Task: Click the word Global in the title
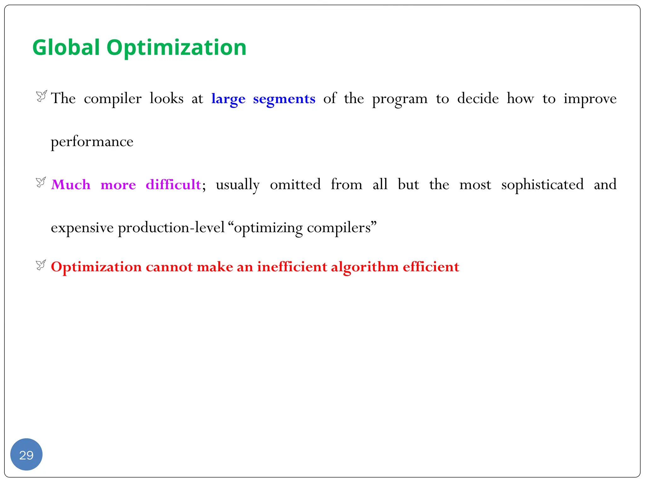point(66,48)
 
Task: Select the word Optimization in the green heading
point(176,48)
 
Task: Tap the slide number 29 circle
point(26,454)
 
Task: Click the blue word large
point(228,99)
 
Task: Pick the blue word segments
point(284,99)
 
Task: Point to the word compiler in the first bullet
point(112,99)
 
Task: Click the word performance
point(92,142)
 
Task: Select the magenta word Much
point(71,185)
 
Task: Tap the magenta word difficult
point(173,185)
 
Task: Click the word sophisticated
point(542,185)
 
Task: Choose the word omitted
point(295,185)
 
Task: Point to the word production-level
point(171,228)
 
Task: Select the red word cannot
point(169,267)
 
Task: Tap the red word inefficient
point(292,267)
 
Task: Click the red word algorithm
point(365,267)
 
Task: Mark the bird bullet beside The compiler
point(41,96)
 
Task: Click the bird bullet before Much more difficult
point(41,182)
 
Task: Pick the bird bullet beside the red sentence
point(41,265)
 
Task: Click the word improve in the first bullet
point(590,99)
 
